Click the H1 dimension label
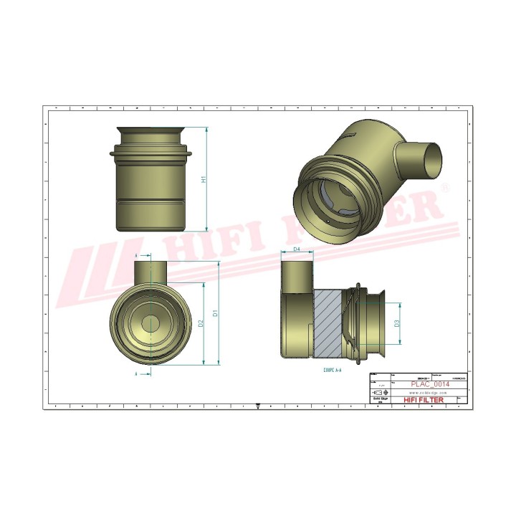[204, 179]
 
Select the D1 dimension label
[214, 313]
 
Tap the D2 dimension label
[201, 323]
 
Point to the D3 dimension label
[396, 323]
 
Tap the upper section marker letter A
[136, 254]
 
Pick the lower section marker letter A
[136, 373]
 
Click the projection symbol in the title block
[380, 393]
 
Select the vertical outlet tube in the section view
[296, 276]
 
